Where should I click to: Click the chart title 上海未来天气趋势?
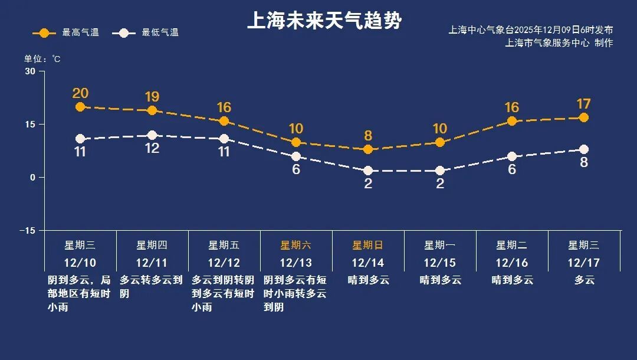324,21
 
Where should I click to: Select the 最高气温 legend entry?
65,32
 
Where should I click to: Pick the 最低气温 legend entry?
148,32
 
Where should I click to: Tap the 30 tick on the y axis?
29,71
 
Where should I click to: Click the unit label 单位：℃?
42,59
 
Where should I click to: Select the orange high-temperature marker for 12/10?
80,107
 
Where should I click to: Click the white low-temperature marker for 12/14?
368,171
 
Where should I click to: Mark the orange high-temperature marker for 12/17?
584,117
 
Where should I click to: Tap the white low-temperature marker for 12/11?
152,135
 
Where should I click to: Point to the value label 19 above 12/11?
152,97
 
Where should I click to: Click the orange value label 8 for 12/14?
368,136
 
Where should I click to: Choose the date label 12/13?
296,263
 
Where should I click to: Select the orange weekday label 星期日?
367,245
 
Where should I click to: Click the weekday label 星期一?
439,245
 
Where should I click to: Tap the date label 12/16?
512,263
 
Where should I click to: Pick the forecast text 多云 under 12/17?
585,280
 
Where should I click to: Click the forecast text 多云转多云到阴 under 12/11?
152,286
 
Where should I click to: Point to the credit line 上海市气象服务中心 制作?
559,43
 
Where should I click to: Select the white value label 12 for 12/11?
152,148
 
